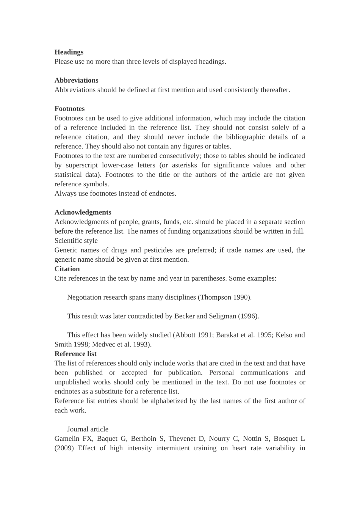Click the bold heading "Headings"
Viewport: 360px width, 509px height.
[69, 52]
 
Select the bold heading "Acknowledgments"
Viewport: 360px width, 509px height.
[83, 212]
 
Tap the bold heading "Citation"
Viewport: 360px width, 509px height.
[67, 269]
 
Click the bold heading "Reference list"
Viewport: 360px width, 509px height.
[75, 354]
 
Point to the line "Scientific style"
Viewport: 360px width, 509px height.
[76, 241]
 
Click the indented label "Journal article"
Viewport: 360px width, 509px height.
[88, 429]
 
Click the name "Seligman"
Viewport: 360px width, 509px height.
[222, 316]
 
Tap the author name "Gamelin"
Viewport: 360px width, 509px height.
[67, 439]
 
